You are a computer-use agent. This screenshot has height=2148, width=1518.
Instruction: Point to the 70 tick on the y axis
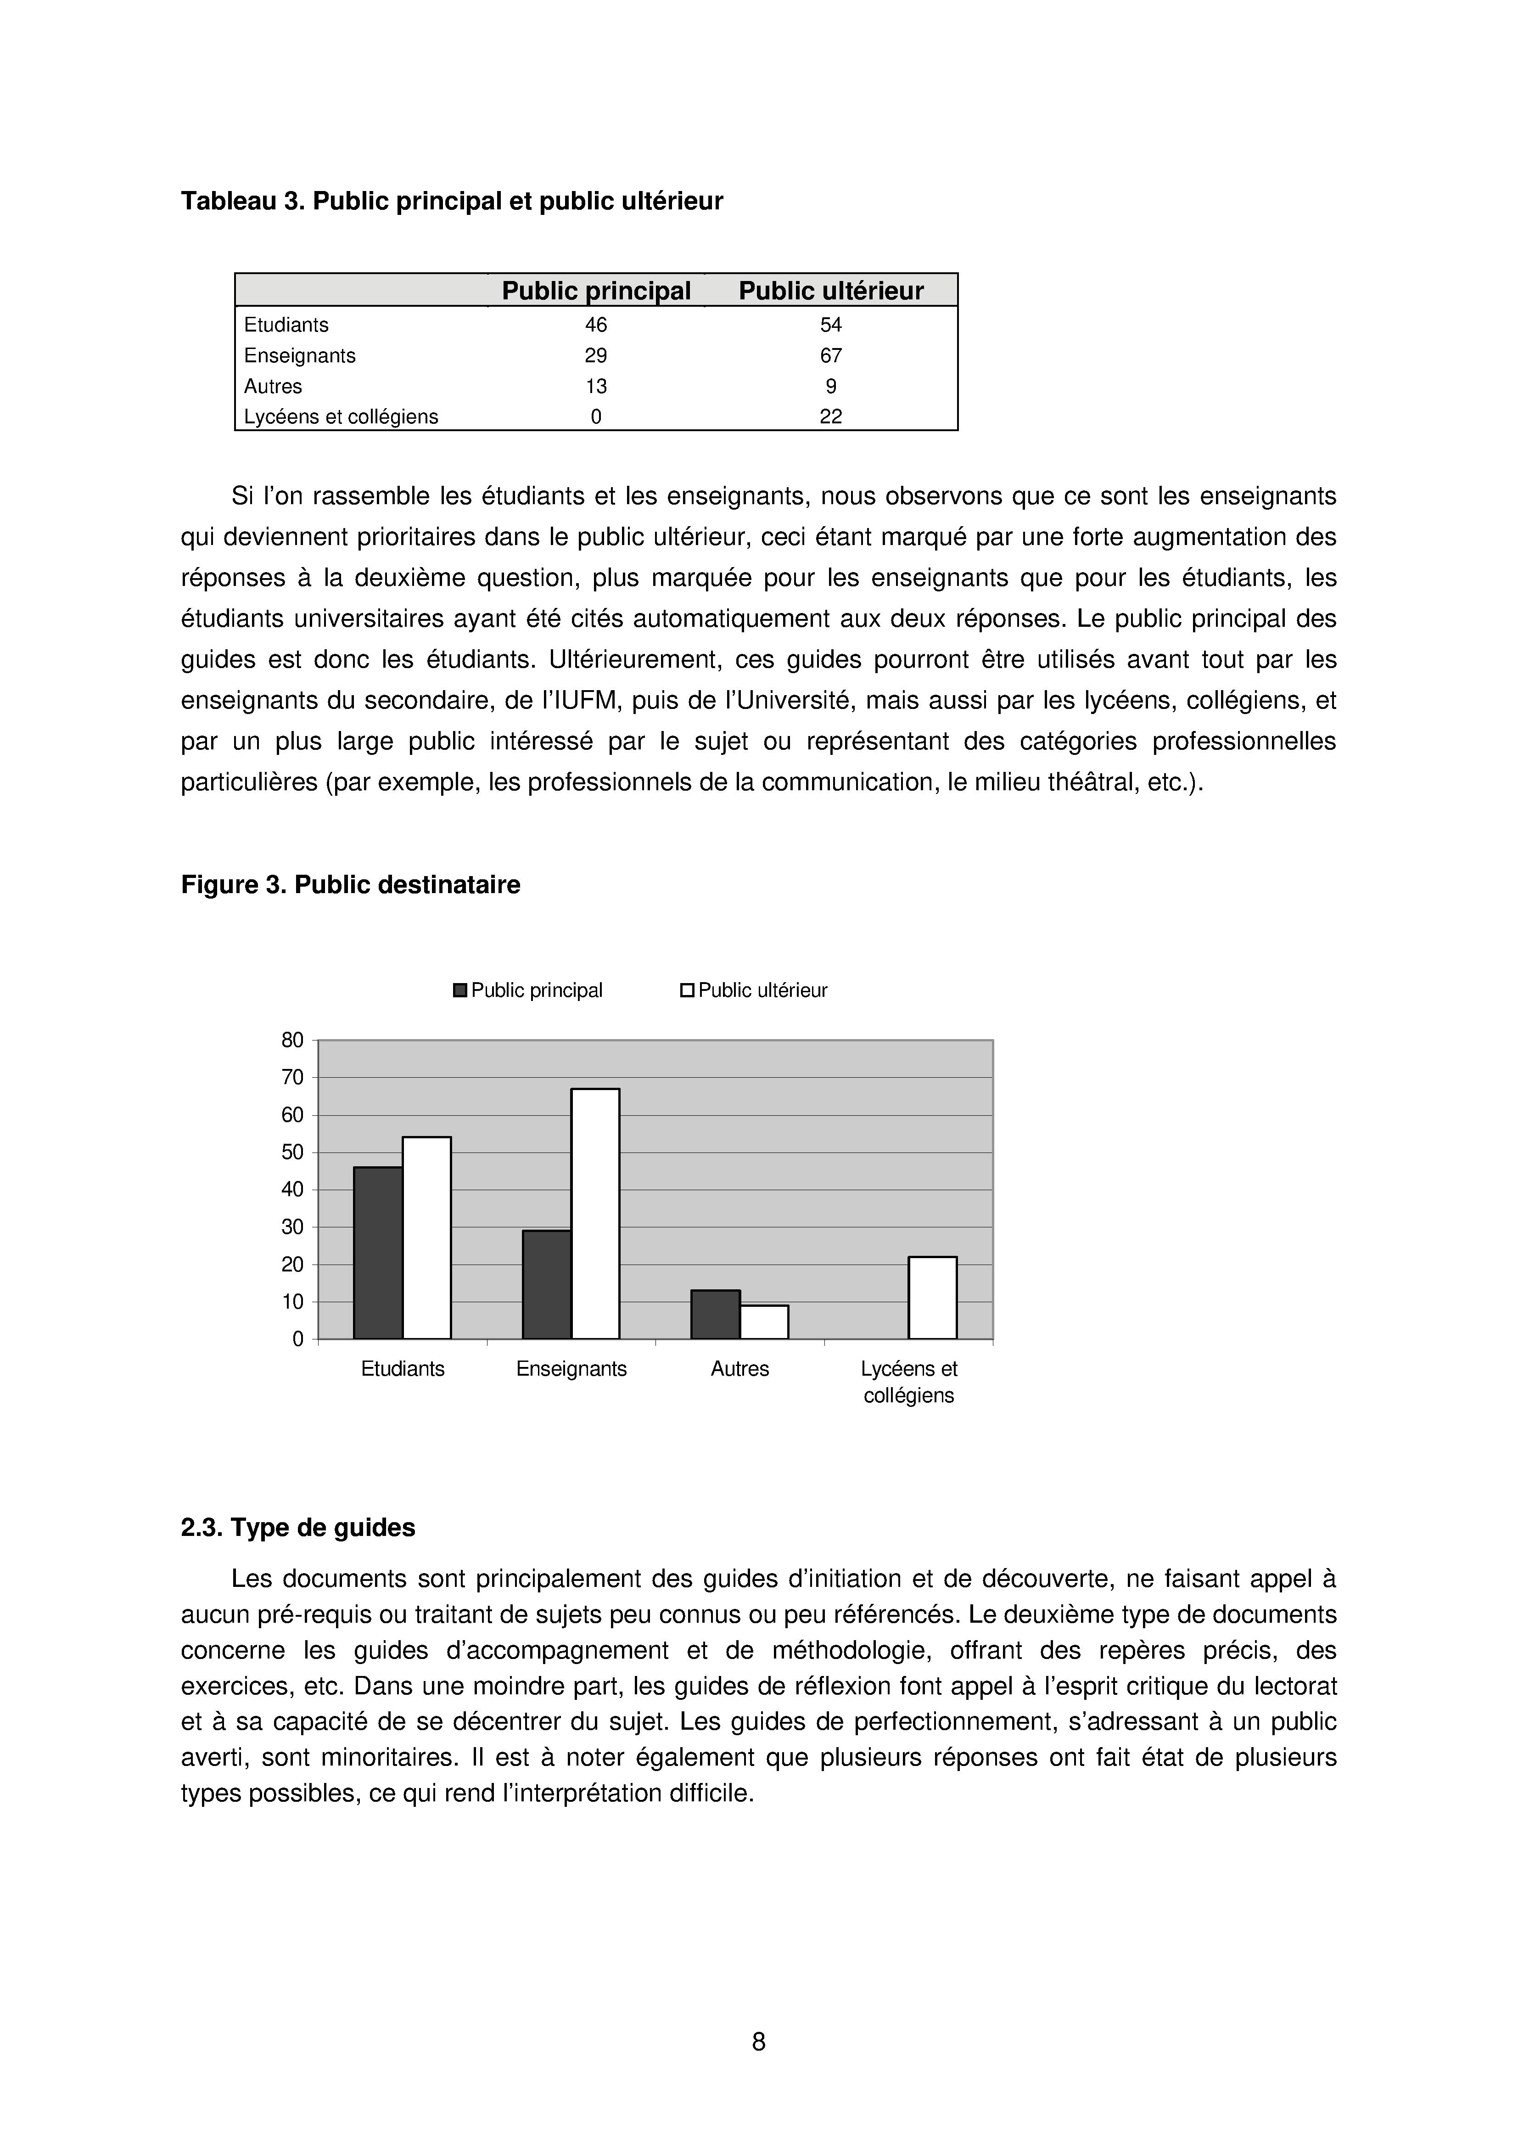[293, 1078]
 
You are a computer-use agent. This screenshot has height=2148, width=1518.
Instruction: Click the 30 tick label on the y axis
[293, 1227]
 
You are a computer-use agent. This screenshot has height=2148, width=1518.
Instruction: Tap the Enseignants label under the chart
[571, 1370]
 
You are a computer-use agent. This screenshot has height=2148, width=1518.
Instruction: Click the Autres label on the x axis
[740, 1370]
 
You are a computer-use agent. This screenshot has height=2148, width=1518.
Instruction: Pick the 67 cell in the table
[830, 355]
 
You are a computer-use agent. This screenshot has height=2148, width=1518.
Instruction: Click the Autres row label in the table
[273, 386]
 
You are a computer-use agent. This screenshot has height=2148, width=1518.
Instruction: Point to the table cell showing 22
[830, 417]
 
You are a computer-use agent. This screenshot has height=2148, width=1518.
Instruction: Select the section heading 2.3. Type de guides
[297, 1528]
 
